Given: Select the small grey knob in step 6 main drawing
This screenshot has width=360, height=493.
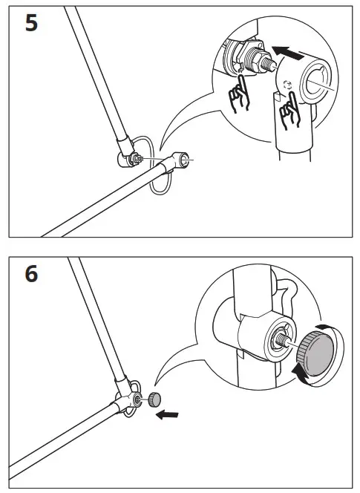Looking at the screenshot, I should coord(155,399).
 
